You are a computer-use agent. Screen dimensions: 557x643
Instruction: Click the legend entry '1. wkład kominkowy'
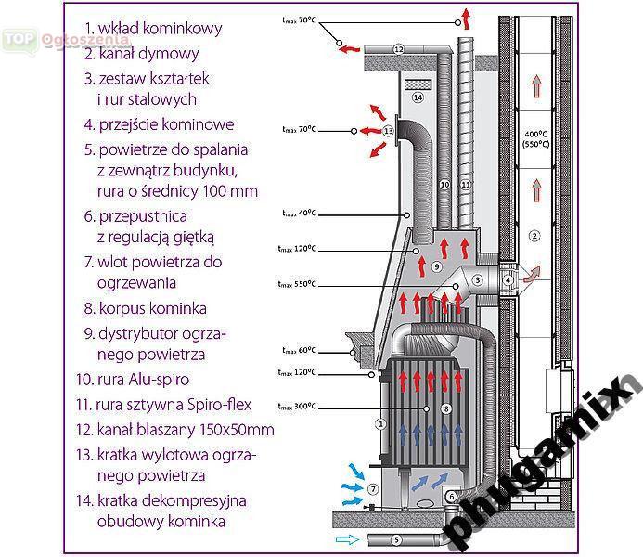[153, 29]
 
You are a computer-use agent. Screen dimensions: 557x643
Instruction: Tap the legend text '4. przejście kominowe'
[159, 124]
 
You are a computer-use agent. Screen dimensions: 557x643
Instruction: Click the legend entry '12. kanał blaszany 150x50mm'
[176, 430]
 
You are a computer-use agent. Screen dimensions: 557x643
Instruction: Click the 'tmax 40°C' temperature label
[299, 214]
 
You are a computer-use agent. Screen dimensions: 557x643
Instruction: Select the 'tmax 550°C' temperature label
[299, 283]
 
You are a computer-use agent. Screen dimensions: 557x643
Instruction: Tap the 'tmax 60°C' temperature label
[299, 350]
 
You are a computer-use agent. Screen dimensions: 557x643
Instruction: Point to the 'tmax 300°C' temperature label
[299, 406]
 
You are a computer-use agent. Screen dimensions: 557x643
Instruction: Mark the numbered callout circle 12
[397, 48]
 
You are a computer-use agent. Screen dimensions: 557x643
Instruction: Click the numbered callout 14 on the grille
[418, 97]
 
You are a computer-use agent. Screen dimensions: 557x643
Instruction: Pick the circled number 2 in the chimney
[534, 236]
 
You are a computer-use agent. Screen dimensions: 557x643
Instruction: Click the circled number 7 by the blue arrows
[372, 488]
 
